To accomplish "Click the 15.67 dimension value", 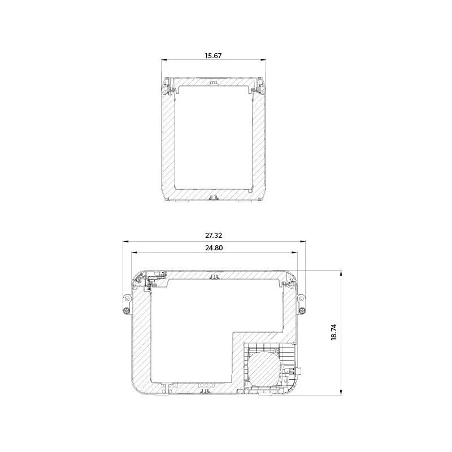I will coord(214,55).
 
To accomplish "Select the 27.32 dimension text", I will coord(214,235).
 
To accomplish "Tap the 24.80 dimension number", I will coord(214,247).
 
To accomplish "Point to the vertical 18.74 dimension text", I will coord(334,332).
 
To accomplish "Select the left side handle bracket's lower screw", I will coord(126,310).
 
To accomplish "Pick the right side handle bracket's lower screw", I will coord(302,310).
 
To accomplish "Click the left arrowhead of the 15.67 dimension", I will coord(164,60).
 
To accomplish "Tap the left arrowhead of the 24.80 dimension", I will coord(133,253).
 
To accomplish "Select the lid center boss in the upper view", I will coord(213,83).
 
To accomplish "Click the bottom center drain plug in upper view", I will coord(214,197).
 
